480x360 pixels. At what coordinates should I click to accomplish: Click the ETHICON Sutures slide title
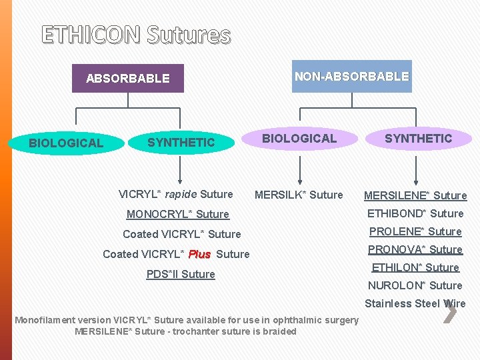[136, 35]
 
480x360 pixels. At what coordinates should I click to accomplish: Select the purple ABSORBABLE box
[128, 78]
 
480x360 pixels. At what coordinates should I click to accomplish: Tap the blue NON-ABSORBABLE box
[351, 76]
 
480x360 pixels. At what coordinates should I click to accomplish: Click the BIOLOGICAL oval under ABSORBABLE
[66, 143]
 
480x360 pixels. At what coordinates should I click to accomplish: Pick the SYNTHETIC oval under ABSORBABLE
[181, 142]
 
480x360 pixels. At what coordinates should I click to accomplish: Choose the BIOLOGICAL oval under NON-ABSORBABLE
[299, 138]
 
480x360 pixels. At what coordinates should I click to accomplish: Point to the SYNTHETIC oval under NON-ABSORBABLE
[418, 138]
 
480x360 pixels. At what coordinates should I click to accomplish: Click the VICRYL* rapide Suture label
[175, 195]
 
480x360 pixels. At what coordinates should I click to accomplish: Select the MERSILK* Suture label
[299, 195]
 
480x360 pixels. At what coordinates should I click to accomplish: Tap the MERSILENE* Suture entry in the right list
[415, 195]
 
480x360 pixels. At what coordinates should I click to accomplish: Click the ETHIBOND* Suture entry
[415, 213]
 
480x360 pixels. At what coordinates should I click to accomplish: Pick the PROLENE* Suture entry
[415, 231]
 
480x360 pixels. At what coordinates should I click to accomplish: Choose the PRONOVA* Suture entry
[415, 249]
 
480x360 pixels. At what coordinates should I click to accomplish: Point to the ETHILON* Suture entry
[415, 267]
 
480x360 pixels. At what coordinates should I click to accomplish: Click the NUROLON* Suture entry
[415, 285]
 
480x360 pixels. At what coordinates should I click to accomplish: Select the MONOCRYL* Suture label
[178, 214]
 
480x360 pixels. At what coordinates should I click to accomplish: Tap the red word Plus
[200, 254]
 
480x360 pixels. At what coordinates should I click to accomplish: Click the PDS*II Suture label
[181, 274]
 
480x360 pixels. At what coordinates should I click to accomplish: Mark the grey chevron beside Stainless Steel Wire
[450, 311]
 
